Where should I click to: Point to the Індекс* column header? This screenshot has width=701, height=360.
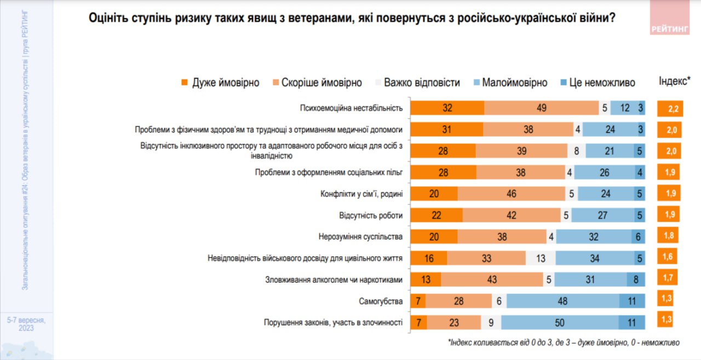tap(674, 82)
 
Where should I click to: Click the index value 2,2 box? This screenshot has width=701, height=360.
tap(669, 108)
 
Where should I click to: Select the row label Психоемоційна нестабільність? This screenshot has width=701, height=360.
tap(352, 108)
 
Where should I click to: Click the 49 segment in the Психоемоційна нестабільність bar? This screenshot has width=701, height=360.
tap(542, 108)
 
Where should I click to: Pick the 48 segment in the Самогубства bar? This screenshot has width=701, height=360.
tap(563, 301)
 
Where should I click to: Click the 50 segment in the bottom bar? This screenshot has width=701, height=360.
tap(560, 323)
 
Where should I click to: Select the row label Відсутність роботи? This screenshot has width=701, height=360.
tap(371, 216)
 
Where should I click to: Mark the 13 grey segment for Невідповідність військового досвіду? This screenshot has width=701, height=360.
tap(541, 259)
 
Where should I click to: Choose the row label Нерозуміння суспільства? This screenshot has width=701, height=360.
tap(360, 237)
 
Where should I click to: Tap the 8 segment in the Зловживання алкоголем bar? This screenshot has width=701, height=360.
tap(636, 280)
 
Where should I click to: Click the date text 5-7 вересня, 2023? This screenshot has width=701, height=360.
tap(26, 324)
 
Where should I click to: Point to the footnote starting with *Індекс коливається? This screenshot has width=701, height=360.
tap(564, 342)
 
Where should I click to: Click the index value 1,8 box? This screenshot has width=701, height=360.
tap(668, 236)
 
